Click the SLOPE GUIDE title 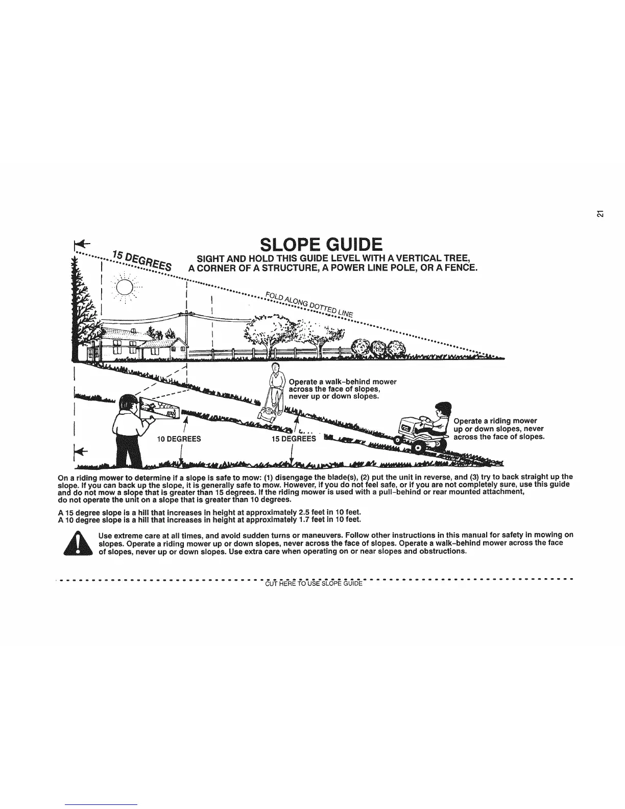pyautogui.click(x=321, y=245)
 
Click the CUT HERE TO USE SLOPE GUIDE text pyautogui.click(x=314, y=584)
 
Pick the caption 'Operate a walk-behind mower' pyautogui.click(x=342, y=382)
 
